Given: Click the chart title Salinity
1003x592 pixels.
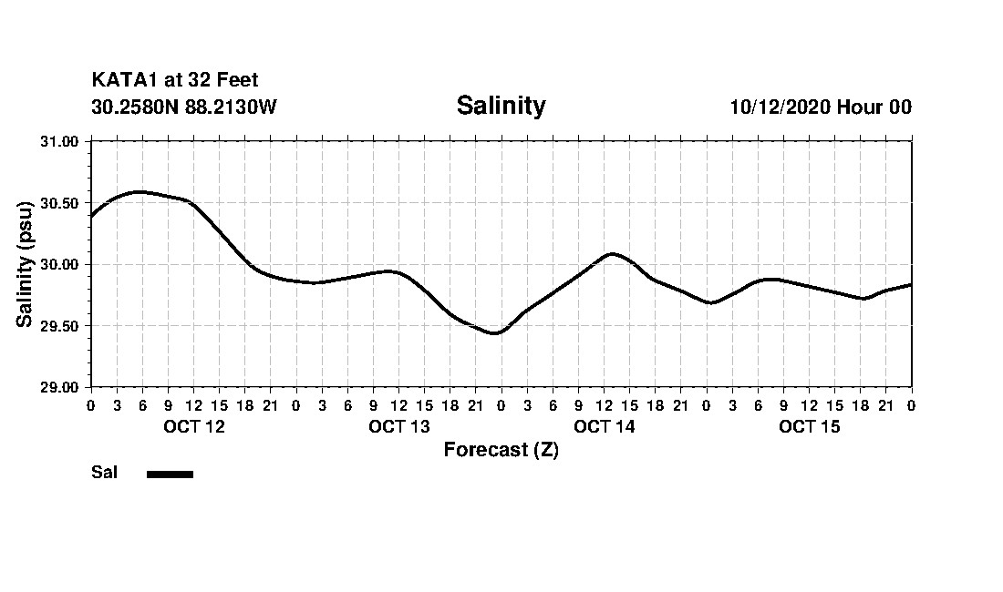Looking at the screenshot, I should click(x=501, y=106).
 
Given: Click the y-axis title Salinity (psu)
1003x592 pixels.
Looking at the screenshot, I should click(x=25, y=264).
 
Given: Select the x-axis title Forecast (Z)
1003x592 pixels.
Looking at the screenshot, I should click(x=501, y=450).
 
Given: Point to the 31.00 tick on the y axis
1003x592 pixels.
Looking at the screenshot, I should click(x=61, y=141).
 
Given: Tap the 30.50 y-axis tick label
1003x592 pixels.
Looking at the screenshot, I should click(x=61, y=203).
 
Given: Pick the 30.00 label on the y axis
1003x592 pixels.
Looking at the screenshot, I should click(x=61, y=264).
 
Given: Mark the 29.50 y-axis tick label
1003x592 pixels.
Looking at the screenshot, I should click(x=61, y=326).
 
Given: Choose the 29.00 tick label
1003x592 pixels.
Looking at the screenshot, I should click(x=61, y=387).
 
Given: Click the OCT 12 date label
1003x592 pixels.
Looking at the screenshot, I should click(x=193, y=427).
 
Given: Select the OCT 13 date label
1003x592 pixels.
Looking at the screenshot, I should click(x=398, y=427).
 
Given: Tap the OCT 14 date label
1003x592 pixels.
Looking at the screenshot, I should click(x=604, y=427).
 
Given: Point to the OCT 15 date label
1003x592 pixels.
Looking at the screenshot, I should click(x=809, y=427).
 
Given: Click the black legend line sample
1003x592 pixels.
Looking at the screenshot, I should click(x=170, y=474).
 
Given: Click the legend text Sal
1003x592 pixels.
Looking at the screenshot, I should click(x=104, y=473).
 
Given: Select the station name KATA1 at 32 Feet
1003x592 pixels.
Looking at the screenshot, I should click(x=175, y=81).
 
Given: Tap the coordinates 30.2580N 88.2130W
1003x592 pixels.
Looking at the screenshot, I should click(x=184, y=107).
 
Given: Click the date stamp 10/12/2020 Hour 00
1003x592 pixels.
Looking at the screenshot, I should click(x=821, y=107).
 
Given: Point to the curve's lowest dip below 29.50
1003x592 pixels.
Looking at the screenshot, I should click(x=494, y=333).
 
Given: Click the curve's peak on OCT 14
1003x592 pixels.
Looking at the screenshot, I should click(x=612, y=253).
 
